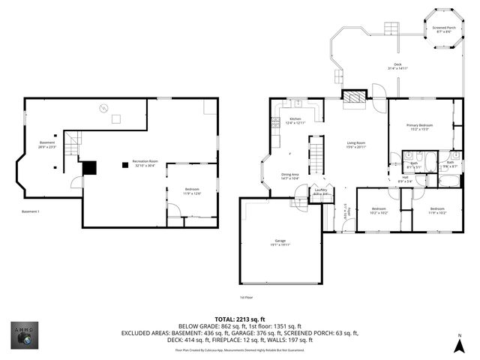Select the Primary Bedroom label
[x=421, y=125]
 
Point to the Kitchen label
[x=295, y=119]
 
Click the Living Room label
[x=355, y=142]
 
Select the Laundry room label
[x=321, y=190]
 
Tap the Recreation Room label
[x=145, y=161]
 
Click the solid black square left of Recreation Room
[x=89, y=168]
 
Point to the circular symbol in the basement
[x=103, y=109]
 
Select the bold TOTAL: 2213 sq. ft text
[x=239, y=319]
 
